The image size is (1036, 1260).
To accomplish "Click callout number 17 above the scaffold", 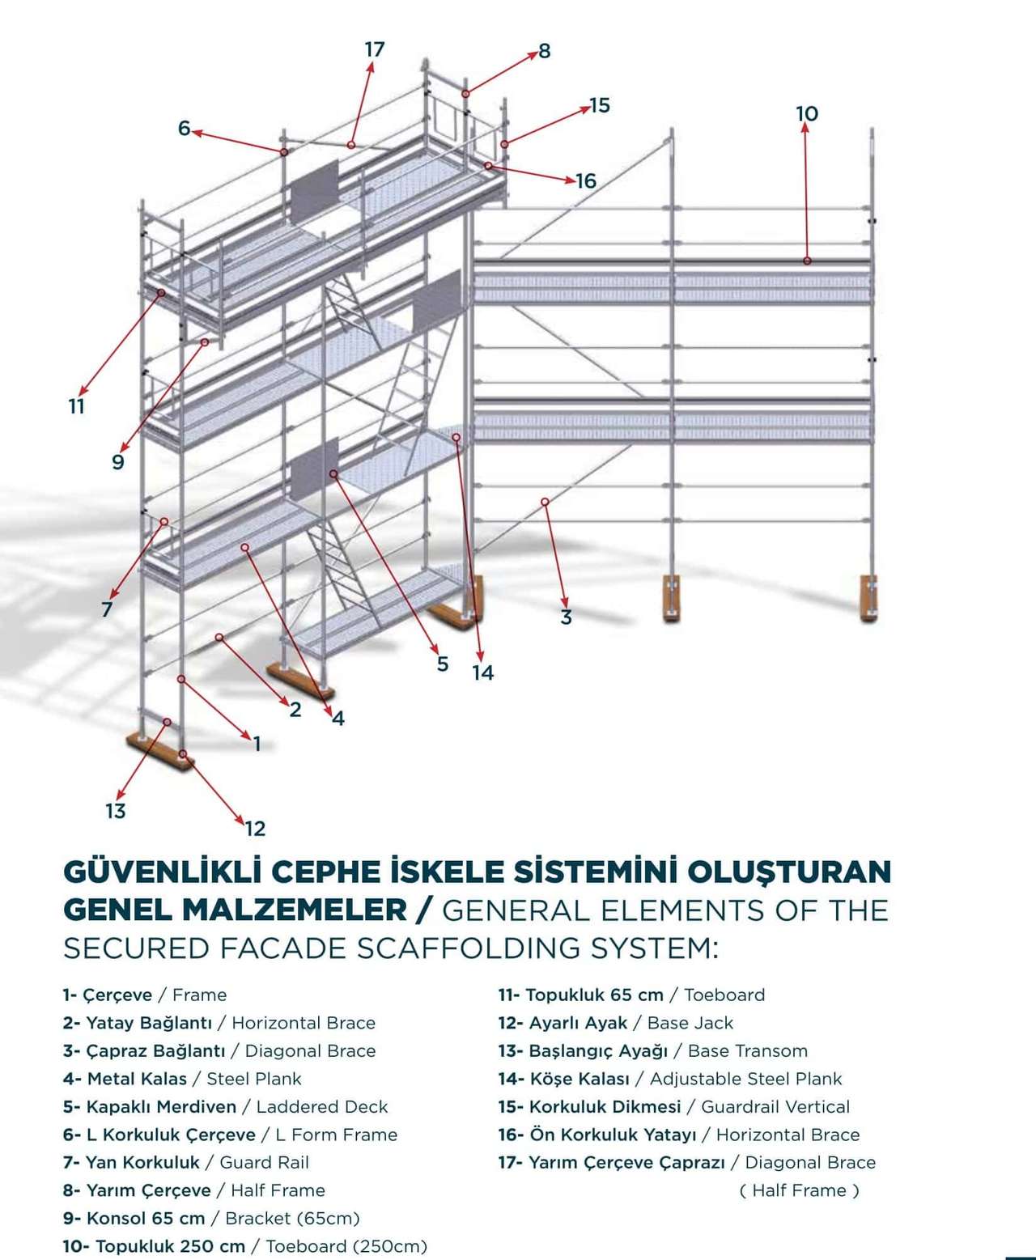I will pyautogui.click(x=374, y=49).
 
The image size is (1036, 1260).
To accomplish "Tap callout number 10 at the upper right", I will pyautogui.click(x=807, y=113).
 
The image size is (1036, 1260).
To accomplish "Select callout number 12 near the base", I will pyautogui.click(x=255, y=828).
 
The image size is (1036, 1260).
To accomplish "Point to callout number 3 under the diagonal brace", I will pyautogui.click(x=566, y=617).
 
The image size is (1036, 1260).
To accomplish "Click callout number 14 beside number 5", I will pyautogui.click(x=482, y=672).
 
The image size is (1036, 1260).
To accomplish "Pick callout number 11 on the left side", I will pyautogui.click(x=76, y=406).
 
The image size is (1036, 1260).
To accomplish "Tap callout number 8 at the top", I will pyautogui.click(x=544, y=51).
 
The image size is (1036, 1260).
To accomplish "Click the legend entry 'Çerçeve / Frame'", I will pyautogui.click(x=145, y=995).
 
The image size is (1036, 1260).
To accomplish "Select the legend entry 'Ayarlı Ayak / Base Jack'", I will pyautogui.click(x=615, y=1023).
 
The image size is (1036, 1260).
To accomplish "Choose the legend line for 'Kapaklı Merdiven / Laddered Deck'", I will pyautogui.click(x=225, y=1106).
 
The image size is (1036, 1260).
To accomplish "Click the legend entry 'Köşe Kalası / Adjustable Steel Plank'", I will pyautogui.click(x=669, y=1079).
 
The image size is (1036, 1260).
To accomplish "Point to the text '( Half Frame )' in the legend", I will pyautogui.click(x=799, y=1190).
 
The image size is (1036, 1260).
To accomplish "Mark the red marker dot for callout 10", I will pyautogui.click(x=807, y=261).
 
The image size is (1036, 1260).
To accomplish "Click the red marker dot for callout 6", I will pyautogui.click(x=284, y=152).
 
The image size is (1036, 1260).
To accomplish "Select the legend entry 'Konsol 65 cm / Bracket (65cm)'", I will pyautogui.click(x=211, y=1218).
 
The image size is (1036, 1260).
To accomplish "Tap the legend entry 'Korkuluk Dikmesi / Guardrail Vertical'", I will pyautogui.click(x=673, y=1106).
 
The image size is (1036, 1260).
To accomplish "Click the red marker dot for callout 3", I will pyautogui.click(x=545, y=502).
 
